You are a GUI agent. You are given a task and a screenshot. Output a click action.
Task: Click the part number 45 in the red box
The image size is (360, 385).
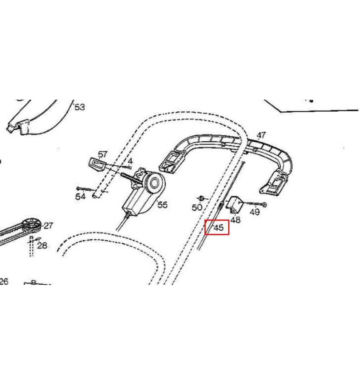point(219,228)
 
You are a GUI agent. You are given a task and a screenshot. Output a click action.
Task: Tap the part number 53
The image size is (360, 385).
point(80,107)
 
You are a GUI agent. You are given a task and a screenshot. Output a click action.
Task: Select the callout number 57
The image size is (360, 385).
point(102,154)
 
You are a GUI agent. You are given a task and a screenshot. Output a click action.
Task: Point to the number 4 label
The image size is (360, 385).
point(130,161)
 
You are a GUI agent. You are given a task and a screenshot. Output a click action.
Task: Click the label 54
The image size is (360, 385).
point(80,197)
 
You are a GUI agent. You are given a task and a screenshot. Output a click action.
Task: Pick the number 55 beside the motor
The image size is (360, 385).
point(162,205)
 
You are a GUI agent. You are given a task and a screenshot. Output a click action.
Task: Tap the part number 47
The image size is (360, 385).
point(261,135)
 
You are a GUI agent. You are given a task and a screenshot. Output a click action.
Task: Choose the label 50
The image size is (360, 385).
point(197,207)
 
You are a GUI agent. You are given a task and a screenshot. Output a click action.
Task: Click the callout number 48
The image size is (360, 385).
point(235,219)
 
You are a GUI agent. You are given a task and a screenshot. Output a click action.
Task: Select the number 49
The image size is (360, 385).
point(255,212)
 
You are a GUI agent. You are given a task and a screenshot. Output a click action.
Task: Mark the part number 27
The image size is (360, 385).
point(48,225)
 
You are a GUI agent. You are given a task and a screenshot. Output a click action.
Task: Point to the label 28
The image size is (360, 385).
point(42,245)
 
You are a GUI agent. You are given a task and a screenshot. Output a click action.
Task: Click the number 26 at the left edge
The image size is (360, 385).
point(4,281)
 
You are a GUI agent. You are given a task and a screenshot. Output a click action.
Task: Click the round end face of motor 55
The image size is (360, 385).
point(154,183)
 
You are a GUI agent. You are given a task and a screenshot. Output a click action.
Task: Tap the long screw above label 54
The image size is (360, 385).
point(85,189)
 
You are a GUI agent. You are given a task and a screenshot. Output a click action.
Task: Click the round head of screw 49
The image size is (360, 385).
point(264,204)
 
